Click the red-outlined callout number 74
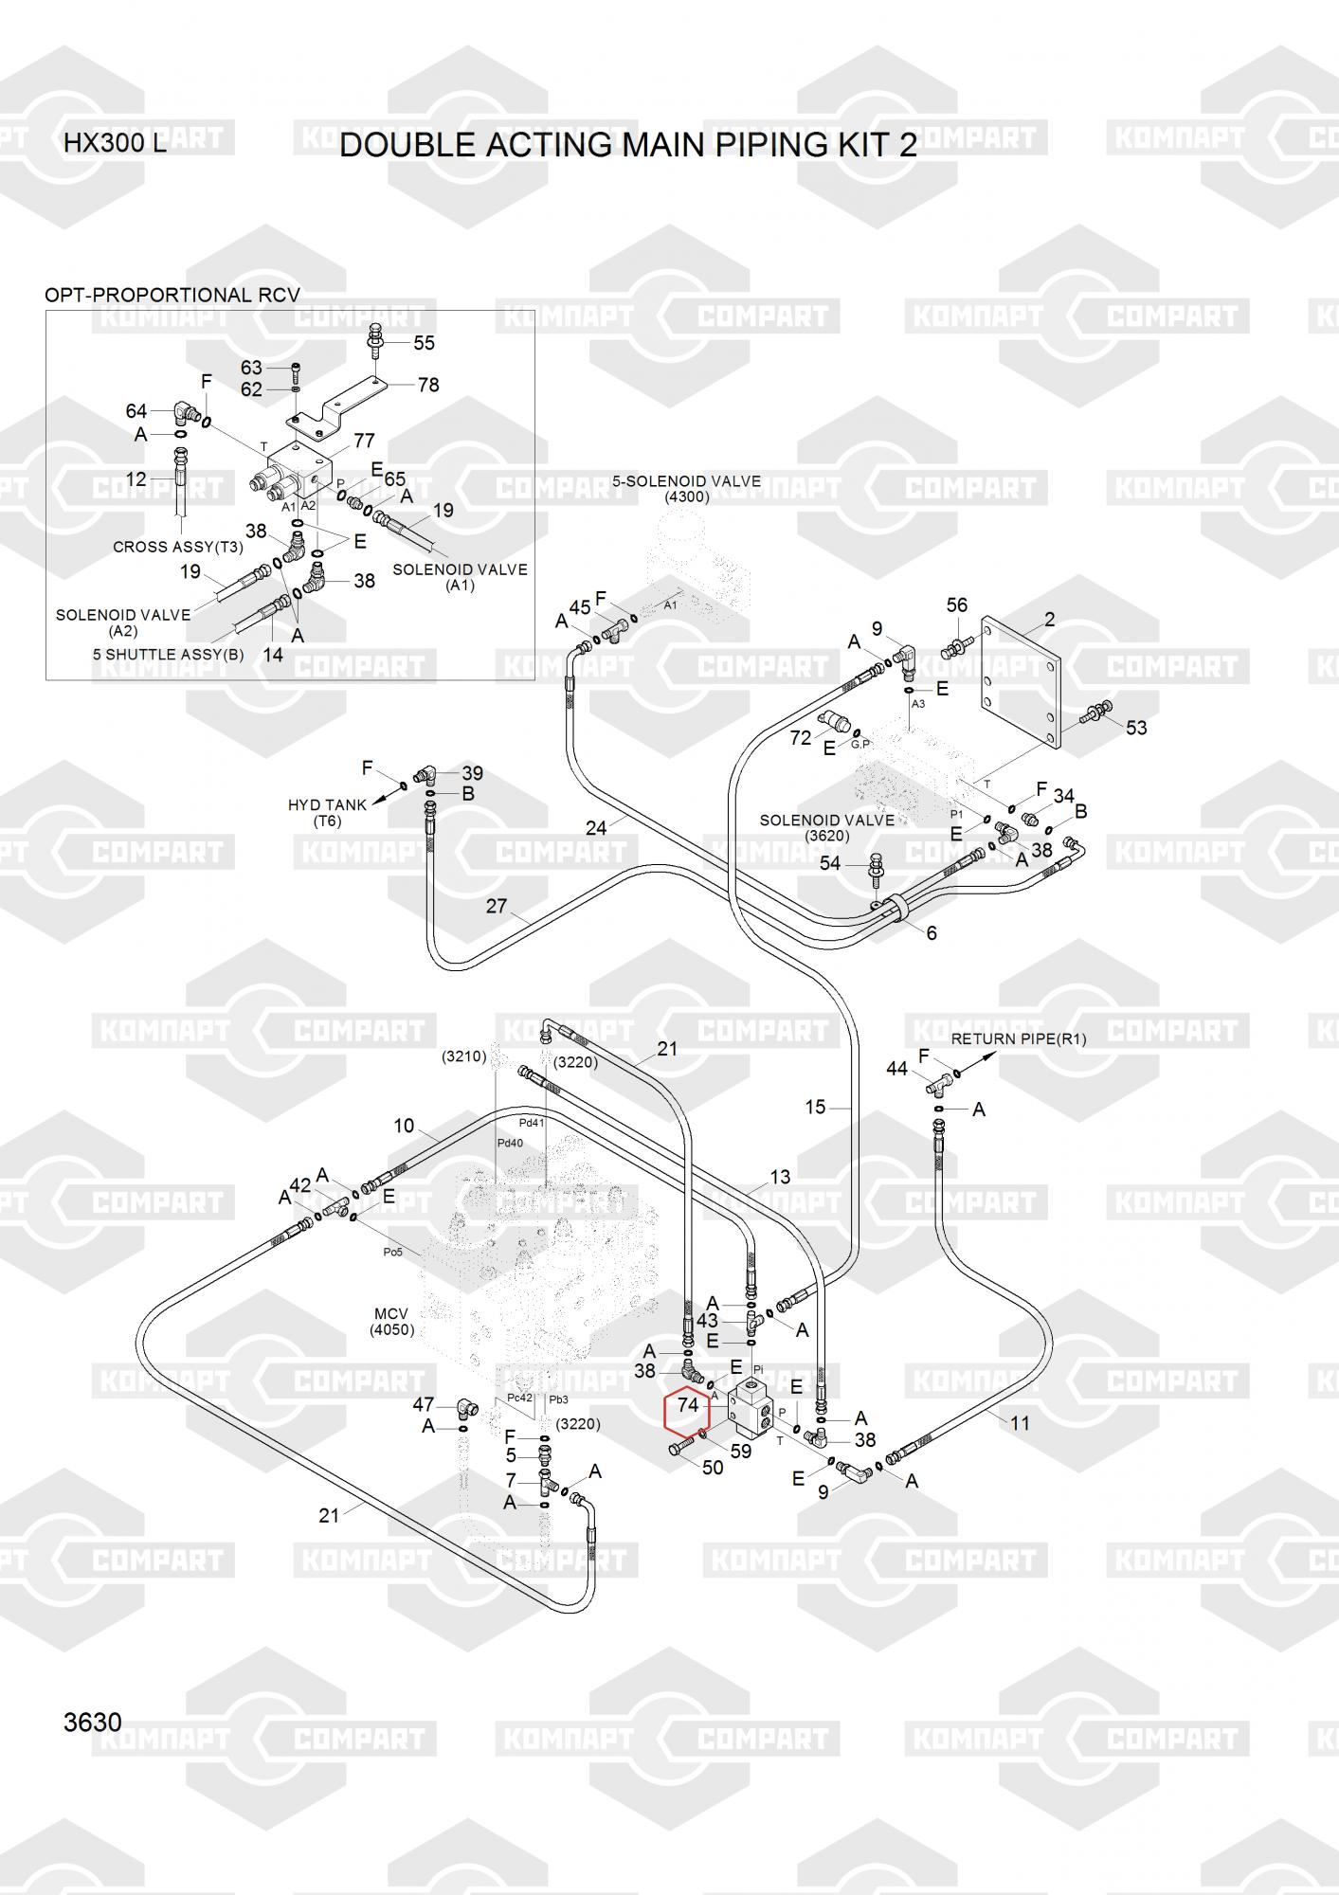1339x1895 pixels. [688, 1405]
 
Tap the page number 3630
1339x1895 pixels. [93, 1722]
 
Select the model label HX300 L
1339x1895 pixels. [115, 144]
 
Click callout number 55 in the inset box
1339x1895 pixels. [424, 344]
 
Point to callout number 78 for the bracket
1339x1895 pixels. [428, 385]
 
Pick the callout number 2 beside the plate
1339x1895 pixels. [1049, 620]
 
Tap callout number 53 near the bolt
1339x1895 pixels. [1136, 728]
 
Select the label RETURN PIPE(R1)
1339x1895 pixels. [1019, 1038]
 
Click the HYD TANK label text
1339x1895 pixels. [327, 805]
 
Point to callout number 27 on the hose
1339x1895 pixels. [497, 906]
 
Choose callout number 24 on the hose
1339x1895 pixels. [595, 828]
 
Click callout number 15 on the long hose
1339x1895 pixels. [815, 1107]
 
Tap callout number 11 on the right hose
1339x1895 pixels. [1020, 1423]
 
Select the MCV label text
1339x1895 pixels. [391, 1313]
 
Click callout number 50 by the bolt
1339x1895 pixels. [713, 1468]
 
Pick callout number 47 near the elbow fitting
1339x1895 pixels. [424, 1405]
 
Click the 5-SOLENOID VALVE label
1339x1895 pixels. [686, 481]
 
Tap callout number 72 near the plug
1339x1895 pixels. [801, 737]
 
